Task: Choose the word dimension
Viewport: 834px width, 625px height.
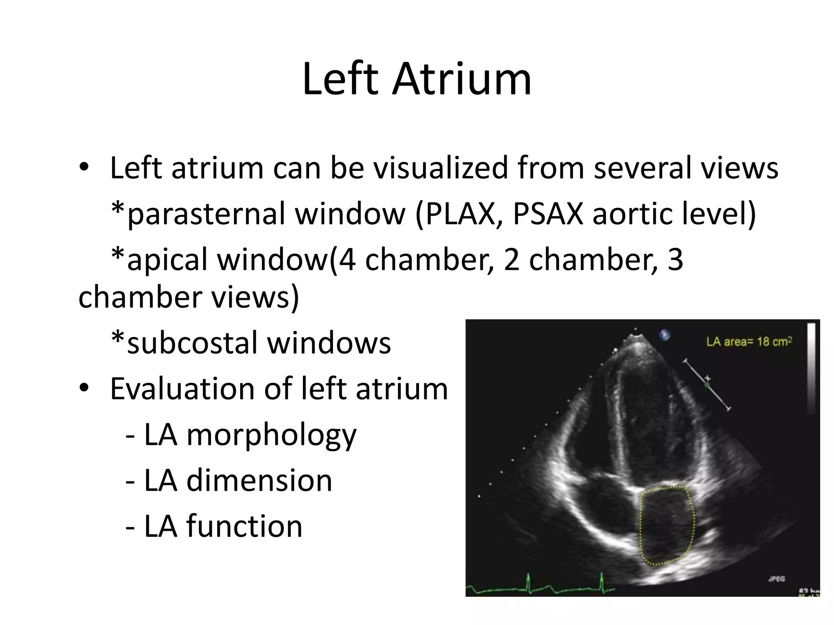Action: coord(259,481)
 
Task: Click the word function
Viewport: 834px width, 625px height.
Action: coord(244,526)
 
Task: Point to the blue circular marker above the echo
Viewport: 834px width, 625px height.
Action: coord(665,334)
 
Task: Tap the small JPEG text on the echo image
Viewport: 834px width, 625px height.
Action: coord(777,578)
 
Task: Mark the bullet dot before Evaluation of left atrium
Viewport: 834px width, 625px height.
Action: coord(84,389)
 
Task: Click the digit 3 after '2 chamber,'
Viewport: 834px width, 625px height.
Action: coord(675,260)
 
